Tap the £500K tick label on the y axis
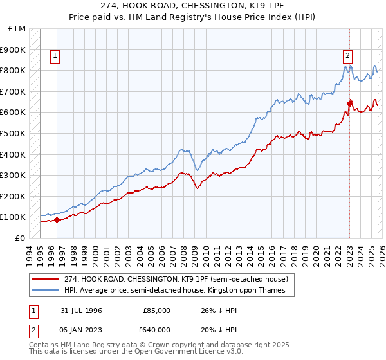[x=13, y=133]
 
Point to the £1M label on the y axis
[x=17, y=29]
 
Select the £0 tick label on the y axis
[x=21, y=238]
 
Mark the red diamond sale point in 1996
[x=57, y=220]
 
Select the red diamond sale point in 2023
[x=349, y=103]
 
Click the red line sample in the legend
[x=46, y=280]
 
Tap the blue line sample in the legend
[x=46, y=291]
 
